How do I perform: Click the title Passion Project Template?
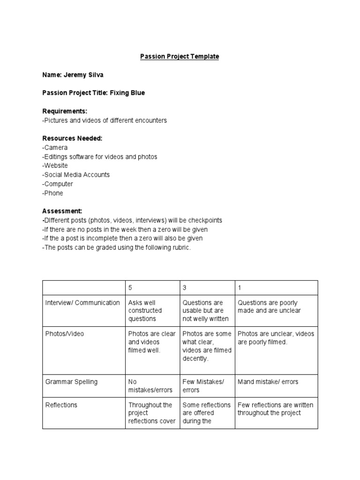(x=180, y=57)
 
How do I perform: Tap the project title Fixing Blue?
(x=127, y=93)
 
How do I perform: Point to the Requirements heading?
(x=65, y=111)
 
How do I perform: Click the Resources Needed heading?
(x=72, y=138)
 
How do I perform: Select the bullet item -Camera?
(x=55, y=147)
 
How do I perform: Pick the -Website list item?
(x=55, y=165)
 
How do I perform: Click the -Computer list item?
(x=58, y=184)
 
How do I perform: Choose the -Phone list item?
(x=52, y=193)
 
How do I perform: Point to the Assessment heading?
(x=62, y=211)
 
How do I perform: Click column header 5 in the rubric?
(x=130, y=288)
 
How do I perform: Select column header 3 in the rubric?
(x=185, y=288)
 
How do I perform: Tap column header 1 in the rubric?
(x=240, y=288)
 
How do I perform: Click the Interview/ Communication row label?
(x=82, y=303)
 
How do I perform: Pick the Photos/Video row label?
(x=64, y=334)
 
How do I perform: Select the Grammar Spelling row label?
(x=71, y=382)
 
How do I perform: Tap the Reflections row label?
(x=61, y=405)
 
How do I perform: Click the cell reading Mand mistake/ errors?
(x=268, y=382)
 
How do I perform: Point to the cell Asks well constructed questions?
(x=145, y=310)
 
